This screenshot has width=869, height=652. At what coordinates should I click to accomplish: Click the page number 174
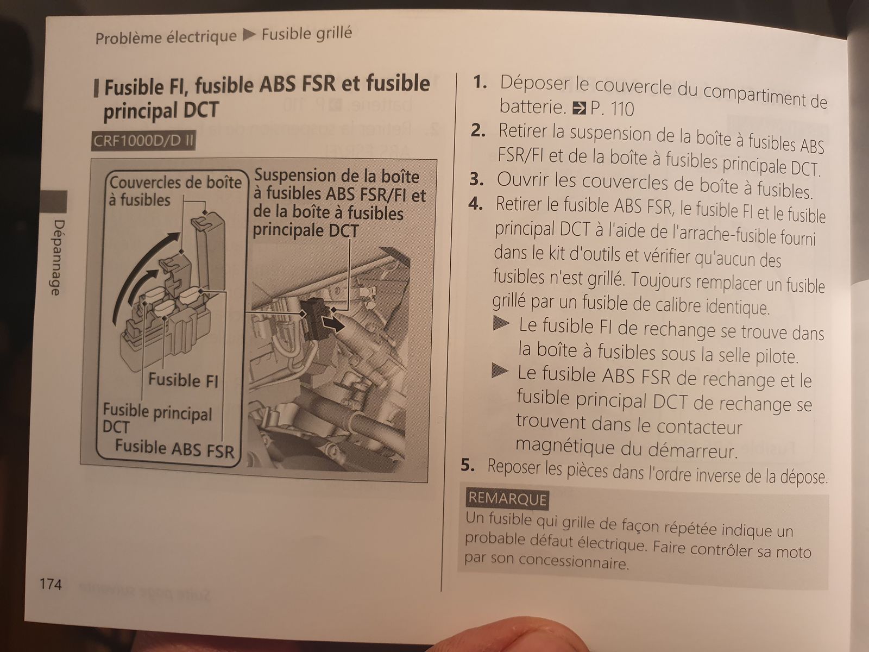tap(51, 584)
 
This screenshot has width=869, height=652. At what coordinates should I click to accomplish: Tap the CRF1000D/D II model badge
tap(143, 141)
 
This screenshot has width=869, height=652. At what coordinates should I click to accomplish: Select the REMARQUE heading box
tap(507, 499)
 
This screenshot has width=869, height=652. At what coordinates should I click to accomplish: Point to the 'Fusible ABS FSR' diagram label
tap(174, 449)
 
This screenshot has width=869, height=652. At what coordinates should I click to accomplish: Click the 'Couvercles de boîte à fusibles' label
tap(175, 191)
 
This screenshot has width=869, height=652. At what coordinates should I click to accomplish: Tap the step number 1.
tap(480, 83)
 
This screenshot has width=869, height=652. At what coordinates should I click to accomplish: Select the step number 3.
tap(476, 179)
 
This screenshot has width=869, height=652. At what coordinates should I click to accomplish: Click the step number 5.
tap(468, 465)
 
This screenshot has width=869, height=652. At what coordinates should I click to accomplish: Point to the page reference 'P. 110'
tap(612, 109)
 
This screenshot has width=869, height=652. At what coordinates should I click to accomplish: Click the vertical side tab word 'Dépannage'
tap(57, 258)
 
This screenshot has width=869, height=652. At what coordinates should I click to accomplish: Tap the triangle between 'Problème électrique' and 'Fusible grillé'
tap(249, 35)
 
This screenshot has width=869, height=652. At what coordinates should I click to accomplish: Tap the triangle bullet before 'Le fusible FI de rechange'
tap(501, 324)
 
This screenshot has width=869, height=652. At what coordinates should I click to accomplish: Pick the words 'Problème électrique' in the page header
tap(166, 37)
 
